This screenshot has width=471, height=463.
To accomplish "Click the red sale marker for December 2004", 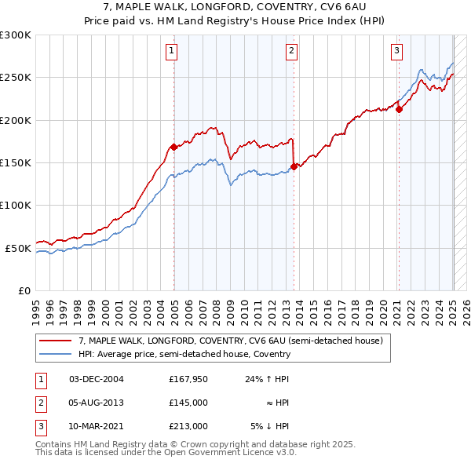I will point(173,147).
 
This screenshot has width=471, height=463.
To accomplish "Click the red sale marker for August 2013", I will point(294,166).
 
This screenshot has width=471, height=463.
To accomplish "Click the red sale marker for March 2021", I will point(399,109).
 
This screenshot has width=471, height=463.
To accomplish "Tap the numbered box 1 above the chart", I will point(171,52).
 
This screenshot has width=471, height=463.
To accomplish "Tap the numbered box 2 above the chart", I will point(291,52).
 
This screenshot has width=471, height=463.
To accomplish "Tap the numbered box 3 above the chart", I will point(396,52).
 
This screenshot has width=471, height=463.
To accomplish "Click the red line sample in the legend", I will point(54,341).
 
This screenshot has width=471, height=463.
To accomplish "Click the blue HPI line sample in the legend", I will point(54,354).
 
